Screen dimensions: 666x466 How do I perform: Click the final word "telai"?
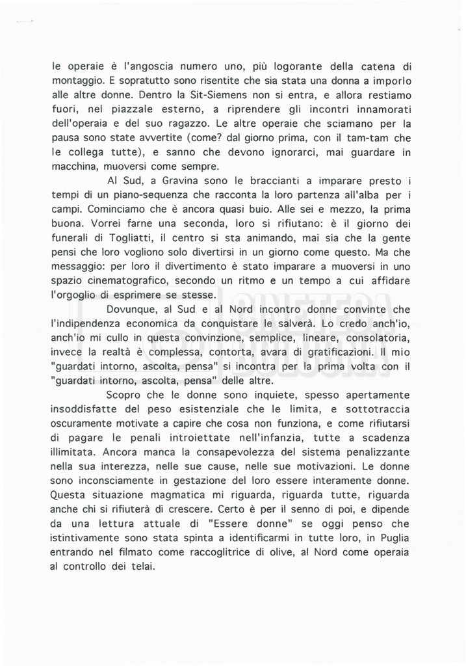143,568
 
